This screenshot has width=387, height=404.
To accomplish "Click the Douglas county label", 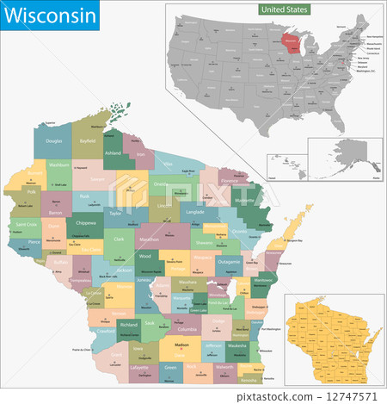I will pyautogui.click(x=54, y=140).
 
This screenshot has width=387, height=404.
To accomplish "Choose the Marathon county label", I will pyautogui.click(x=150, y=239).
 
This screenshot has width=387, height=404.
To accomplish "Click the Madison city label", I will pyautogui.click(x=181, y=345).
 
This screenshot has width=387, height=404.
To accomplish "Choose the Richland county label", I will pyautogui.click(x=130, y=324).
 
